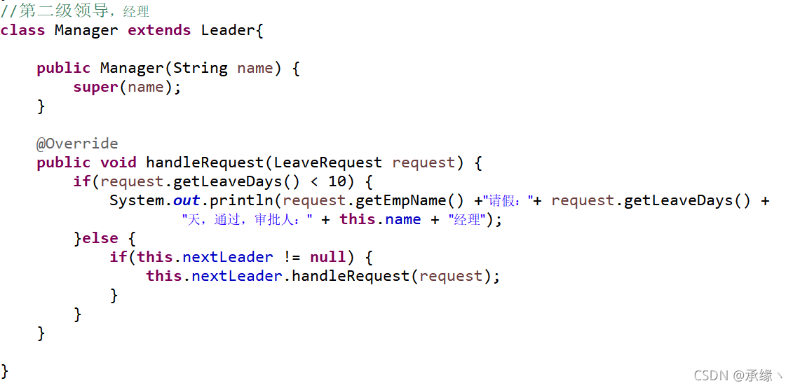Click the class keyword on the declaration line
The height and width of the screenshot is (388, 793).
click(22, 30)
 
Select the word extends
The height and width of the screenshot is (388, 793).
click(159, 30)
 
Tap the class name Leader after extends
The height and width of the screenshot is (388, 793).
click(229, 30)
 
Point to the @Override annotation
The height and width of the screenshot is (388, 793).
click(77, 144)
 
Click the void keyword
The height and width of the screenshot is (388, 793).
click(118, 162)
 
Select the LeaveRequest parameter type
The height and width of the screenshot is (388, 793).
click(327, 162)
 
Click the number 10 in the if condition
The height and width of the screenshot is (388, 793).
click(337, 181)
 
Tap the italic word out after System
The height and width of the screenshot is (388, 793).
click(187, 200)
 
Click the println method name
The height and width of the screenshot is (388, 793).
click(242, 200)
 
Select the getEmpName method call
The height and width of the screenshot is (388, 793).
click(402, 200)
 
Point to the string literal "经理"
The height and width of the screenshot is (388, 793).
click(466, 220)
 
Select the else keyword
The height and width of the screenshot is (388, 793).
click(100, 238)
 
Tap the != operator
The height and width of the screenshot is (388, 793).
click(292, 257)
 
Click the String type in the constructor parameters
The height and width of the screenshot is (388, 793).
click(201, 68)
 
